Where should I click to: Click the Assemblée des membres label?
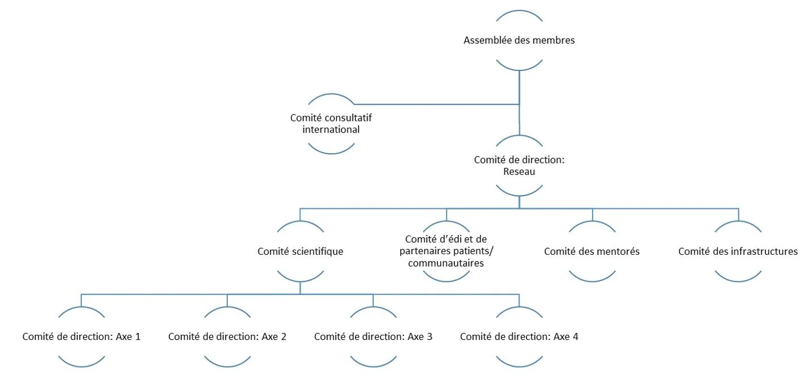click(x=519, y=40)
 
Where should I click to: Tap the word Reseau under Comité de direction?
click(x=519, y=171)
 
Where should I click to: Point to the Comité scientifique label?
click(x=300, y=251)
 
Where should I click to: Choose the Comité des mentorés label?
click(x=591, y=251)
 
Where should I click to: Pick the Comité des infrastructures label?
click(x=737, y=251)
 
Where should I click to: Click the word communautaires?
click(x=446, y=263)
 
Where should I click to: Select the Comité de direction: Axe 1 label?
click(x=81, y=336)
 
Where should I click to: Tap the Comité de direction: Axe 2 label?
click(x=227, y=336)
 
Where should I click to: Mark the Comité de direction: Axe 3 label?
click(x=373, y=336)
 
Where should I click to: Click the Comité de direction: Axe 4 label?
click(x=519, y=336)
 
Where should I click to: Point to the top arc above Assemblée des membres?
click(x=519, y=11)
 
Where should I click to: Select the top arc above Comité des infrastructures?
click(x=737, y=222)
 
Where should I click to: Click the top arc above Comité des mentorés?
click(x=591, y=222)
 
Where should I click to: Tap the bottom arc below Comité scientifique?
click(x=300, y=281)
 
